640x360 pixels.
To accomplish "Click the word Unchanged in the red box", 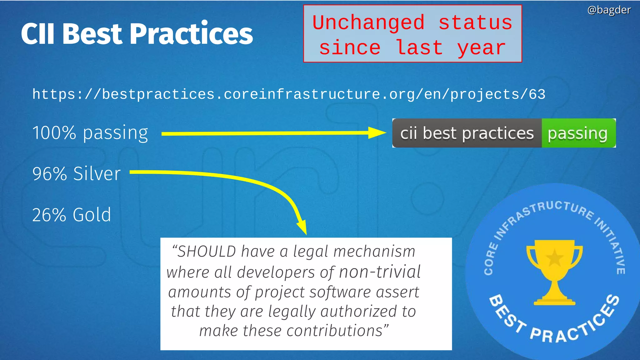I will (x=368, y=23).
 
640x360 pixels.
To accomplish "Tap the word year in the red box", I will (x=481, y=48).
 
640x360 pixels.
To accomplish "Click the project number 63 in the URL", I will (x=537, y=94).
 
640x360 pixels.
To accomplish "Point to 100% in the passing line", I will (x=54, y=133).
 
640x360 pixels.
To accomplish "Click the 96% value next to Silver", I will (x=49, y=174).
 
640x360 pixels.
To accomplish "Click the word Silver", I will (x=97, y=174).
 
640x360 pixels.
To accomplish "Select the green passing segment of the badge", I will (x=578, y=133).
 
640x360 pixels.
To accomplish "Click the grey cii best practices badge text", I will (x=467, y=133).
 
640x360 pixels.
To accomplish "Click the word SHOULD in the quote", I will (x=206, y=252).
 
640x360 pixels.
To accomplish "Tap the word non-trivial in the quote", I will (x=380, y=272).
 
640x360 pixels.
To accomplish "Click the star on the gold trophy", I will (x=555, y=258).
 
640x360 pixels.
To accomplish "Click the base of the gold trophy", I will (x=554, y=302).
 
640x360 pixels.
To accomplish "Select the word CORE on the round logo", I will (x=490, y=259).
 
